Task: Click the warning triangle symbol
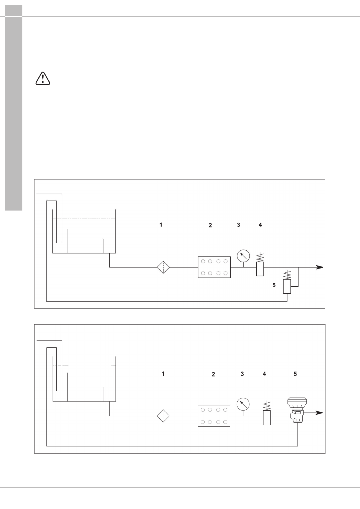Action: click(43, 79)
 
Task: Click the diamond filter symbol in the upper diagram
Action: click(163, 267)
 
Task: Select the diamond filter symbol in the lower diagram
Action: click(163, 416)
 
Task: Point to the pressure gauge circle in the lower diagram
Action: click(243, 405)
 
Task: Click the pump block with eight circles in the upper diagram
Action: click(214, 267)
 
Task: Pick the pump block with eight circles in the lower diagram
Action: click(214, 416)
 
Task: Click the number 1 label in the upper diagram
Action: click(161, 225)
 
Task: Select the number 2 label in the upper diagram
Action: click(210, 225)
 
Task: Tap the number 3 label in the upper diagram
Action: click(238, 225)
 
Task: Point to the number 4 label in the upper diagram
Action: click(260, 225)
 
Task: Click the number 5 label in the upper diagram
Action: click(274, 285)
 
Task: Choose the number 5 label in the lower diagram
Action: click(295, 374)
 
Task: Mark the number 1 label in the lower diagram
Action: click(163, 374)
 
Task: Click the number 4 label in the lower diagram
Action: click(264, 374)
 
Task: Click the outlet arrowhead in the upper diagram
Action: click(320, 267)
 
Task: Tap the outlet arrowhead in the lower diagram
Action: click(320, 413)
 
